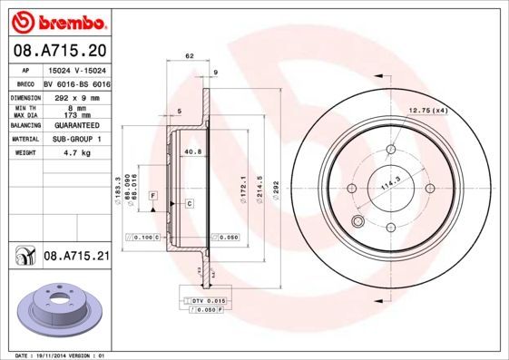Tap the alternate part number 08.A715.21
tap(76, 258)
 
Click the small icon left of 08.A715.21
tap(22, 258)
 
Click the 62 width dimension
tap(190, 56)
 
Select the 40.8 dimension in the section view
tap(192, 151)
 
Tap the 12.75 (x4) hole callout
tap(427, 111)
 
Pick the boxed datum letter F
tap(153, 196)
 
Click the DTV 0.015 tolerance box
tap(210, 299)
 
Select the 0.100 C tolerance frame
tap(146, 238)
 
